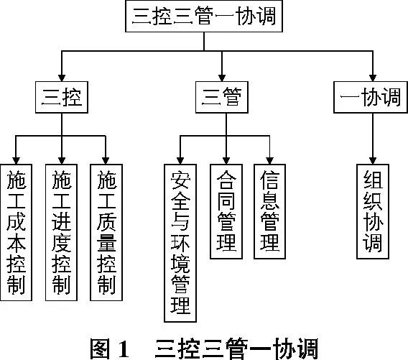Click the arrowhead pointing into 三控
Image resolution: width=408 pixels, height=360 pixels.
coord(62,78)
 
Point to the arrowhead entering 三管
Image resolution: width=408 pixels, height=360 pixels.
coord(222,78)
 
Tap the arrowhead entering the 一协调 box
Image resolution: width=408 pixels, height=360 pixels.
coord(373,78)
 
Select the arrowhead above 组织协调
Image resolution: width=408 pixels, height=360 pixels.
coord(373,161)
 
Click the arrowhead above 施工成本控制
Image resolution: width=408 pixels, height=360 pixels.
coord(16,161)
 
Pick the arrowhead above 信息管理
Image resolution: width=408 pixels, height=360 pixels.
coord(269,161)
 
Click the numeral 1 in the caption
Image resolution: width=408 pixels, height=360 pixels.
coord(124,349)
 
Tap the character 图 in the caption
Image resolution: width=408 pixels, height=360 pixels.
coord(100,349)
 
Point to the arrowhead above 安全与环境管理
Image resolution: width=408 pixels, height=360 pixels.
coord(180,161)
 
